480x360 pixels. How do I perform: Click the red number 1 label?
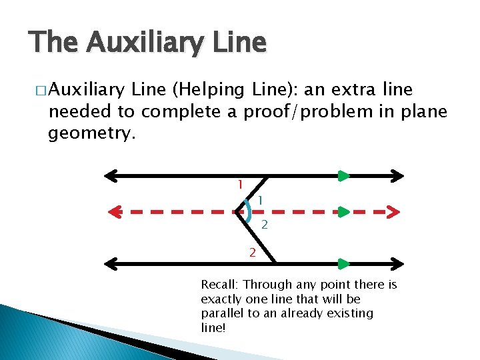click(240, 184)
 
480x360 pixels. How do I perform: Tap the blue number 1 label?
click(260, 199)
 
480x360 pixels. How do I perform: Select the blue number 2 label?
click(265, 225)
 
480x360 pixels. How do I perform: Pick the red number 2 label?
click(252, 252)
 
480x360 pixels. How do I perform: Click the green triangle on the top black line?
click(343, 176)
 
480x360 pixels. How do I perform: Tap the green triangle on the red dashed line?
click(343, 212)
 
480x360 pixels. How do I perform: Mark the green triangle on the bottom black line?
click(343, 263)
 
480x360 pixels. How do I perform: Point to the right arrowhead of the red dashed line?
click(393, 212)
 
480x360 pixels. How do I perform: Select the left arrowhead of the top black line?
click(110, 176)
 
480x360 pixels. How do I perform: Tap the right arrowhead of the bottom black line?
click(397, 263)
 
